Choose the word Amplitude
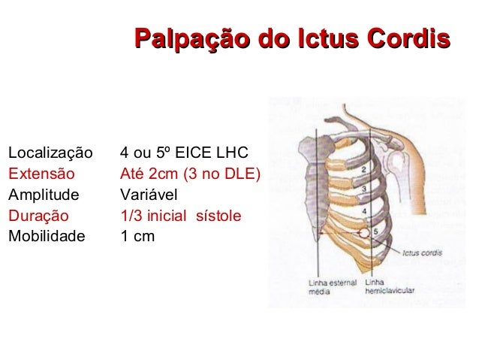pyautogui.click(x=44, y=195)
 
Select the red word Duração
pyautogui.click(x=38, y=216)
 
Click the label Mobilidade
pyautogui.click(x=46, y=236)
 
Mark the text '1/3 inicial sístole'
pyautogui.click(x=181, y=216)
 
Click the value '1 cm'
pyautogui.click(x=137, y=236)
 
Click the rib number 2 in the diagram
pyautogui.click(x=363, y=171)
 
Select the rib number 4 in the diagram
pyautogui.click(x=364, y=210)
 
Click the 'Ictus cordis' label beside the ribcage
pyautogui.click(x=422, y=253)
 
